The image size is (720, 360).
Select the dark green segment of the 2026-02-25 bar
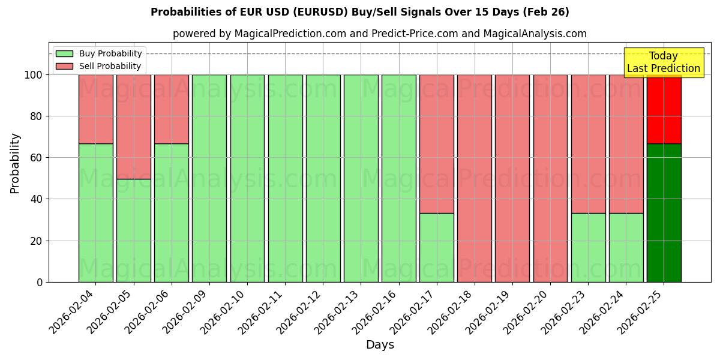(664, 213)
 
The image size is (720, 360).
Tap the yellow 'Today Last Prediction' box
(663, 62)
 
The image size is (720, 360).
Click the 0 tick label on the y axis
(40, 282)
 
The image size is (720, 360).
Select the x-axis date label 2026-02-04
(73, 312)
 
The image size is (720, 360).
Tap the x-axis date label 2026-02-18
(452, 312)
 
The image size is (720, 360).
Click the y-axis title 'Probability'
(15, 163)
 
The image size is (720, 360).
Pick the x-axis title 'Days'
(380, 345)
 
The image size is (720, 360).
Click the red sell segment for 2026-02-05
(133, 127)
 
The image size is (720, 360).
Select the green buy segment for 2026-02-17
(436, 247)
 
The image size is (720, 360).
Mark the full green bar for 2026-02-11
(285, 178)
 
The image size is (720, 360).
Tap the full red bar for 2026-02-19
(512, 178)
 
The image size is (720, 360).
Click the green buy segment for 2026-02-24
(626, 247)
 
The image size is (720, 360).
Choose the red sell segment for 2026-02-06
(171, 109)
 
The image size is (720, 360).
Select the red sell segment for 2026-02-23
(588, 144)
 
